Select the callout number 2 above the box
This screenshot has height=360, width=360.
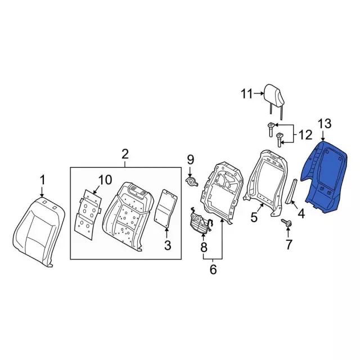[x=125, y=154]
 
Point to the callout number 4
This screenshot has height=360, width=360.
[x=301, y=214]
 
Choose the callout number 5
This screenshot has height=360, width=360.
[x=254, y=217]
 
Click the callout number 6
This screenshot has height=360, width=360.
[x=213, y=269]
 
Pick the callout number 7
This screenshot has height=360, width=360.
[x=289, y=244]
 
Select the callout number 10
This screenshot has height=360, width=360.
[x=105, y=180]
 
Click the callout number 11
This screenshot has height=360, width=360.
[x=247, y=93]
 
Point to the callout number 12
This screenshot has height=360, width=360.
[x=304, y=135]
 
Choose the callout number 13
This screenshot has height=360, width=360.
[x=325, y=124]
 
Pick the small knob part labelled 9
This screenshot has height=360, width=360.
[x=193, y=181]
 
